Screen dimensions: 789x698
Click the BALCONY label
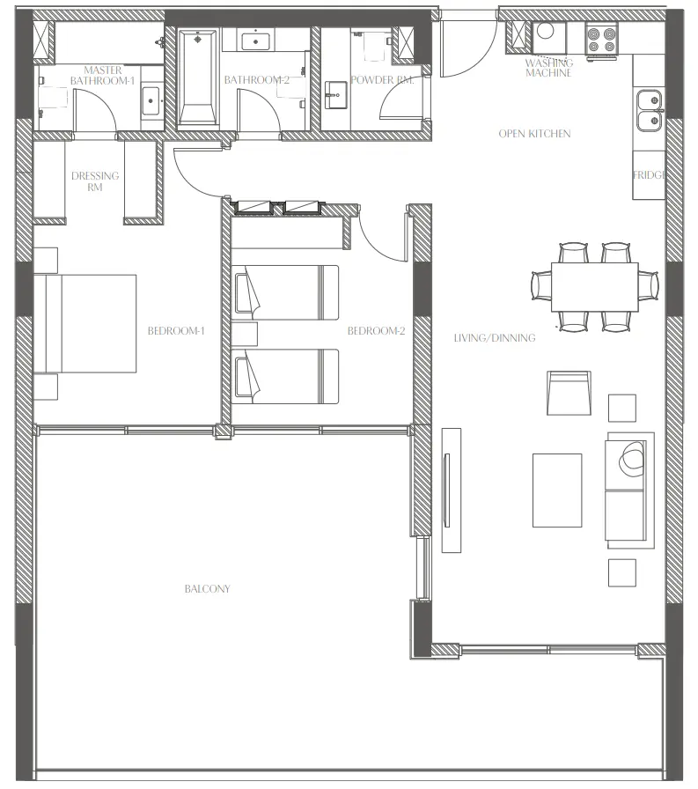click(x=207, y=588)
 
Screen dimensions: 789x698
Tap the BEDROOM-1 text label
click(x=176, y=331)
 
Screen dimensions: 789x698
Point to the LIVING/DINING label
click(x=494, y=337)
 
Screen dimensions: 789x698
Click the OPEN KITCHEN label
click(x=534, y=134)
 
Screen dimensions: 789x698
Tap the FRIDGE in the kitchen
click(x=648, y=174)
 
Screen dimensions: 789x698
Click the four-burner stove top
click(x=602, y=38)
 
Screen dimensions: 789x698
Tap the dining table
click(x=595, y=287)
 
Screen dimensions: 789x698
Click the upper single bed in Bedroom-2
click(x=286, y=292)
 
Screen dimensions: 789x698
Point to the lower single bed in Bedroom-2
click(x=286, y=376)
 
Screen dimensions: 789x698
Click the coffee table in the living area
click(x=556, y=490)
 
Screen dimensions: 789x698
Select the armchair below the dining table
click(x=568, y=392)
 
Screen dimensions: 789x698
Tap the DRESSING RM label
click(x=94, y=181)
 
